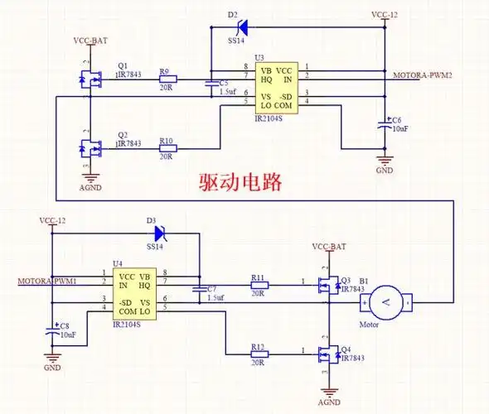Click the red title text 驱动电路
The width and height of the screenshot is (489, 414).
pos(240,183)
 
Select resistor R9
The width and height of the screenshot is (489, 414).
pos(167,80)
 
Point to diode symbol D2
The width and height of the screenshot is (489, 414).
pos(242,27)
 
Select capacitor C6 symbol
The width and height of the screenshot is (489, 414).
pos(384,126)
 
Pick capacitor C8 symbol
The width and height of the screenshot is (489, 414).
pos(52,329)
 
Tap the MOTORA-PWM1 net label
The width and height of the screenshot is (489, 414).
pos(47,281)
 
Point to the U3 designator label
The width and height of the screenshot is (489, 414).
pos(259,57)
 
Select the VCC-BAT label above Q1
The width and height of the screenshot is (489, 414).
pos(89,41)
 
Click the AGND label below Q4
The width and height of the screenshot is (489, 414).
pos(329,402)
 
